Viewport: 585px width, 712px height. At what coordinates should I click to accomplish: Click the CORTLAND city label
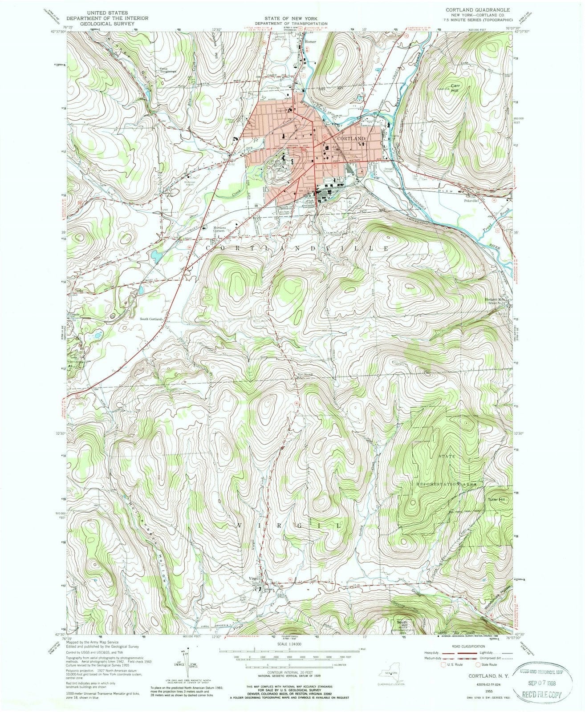pyautogui.click(x=351, y=138)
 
